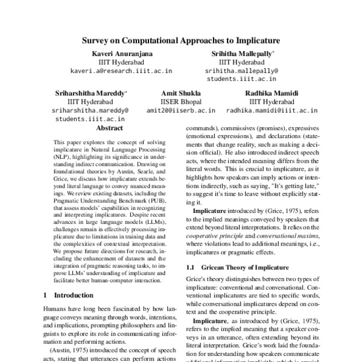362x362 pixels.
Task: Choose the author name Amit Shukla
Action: [180, 94]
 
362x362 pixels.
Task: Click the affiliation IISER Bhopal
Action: [180, 102]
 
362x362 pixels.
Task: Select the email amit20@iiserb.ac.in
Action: [180, 111]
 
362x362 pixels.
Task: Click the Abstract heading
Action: [109, 129]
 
